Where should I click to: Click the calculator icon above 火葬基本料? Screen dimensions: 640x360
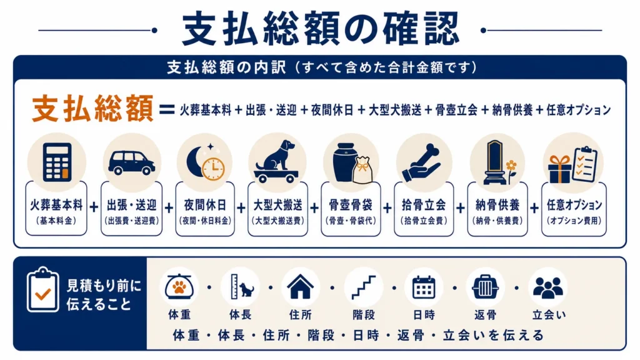click(x=57, y=162)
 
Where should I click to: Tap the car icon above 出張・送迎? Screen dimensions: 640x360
click(x=131, y=162)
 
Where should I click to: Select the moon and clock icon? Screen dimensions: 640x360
click(x=205, y=162)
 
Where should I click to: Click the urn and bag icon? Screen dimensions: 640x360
click(x=351, y=163)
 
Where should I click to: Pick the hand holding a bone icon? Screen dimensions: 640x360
click(x=422, y=162)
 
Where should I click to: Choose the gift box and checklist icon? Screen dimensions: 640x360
click(x=572, y=164)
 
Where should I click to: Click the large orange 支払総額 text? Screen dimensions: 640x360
click(x=92, y=109)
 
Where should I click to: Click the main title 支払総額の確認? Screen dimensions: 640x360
click(x=321, y=29)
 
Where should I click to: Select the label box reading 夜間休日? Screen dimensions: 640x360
click(x=205, y=209)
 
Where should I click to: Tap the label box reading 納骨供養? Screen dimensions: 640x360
click(x=497, y=209)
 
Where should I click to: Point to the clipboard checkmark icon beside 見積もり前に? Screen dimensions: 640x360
click(x=42, y=290)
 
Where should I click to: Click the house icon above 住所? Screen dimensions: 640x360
click(x=301, y=287)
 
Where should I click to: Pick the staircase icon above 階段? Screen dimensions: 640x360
click(x=363, y=287)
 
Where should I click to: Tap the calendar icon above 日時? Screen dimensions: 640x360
click(x=424, y=287)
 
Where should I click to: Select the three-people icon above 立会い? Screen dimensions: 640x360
click(x=547, y=287)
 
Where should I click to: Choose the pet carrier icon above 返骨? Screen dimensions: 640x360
click(x=485, y=287)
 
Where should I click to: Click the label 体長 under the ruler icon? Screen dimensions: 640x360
click(x=240, y=315)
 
